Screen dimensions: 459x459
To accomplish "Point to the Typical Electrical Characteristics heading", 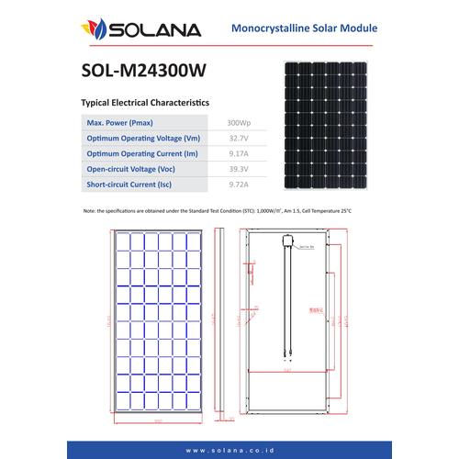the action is click(x=146, y=106).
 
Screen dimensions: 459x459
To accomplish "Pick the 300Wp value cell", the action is click(x=238, y=122).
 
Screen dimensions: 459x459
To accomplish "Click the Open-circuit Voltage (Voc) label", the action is click(x=134, y=170).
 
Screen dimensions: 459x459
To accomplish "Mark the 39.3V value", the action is click(x=238, y=170).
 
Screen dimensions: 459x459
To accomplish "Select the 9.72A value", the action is click(x=238, y=185).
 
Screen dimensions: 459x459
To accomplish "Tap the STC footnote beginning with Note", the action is click(x=217, y=211).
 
